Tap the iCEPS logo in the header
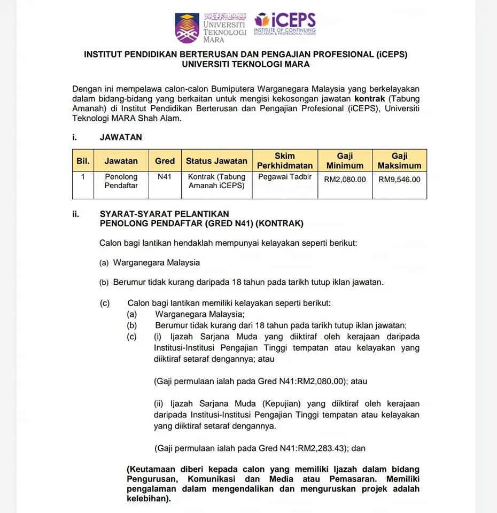point(285,24)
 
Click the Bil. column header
point(83,160)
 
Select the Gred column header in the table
point(165,160)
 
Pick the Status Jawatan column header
point(216,160)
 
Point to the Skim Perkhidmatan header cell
point(285,160)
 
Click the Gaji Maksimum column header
point(399,160)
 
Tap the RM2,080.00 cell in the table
point(345,180)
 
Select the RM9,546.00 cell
point(399,180)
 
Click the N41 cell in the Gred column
point(165,176)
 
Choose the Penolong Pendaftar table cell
point(121,181)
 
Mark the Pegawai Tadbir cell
point(285,176)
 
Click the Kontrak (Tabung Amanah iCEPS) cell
point(216,181)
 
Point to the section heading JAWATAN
point(121,137)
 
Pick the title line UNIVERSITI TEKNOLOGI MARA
point(245,64)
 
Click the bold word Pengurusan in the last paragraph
point(153,479)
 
